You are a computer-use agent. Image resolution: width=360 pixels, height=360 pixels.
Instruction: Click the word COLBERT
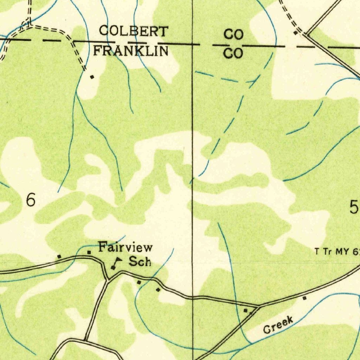coord(133,31)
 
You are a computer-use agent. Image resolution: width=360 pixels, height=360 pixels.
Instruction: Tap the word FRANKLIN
coord(130,51)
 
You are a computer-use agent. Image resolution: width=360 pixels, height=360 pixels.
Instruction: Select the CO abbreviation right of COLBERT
coord(234,35)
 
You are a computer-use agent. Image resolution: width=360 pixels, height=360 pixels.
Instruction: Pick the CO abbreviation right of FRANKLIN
coord(233,53)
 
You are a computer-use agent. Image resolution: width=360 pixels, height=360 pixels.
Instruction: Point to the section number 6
coord(31,200)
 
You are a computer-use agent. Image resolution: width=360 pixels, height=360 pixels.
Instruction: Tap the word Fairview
coord(125,247)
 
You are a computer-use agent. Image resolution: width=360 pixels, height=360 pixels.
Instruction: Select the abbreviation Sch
coord(140,262)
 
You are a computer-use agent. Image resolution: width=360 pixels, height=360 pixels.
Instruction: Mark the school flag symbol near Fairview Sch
coord(115,263)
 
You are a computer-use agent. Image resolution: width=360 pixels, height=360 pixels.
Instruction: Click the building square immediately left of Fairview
coord(89,252)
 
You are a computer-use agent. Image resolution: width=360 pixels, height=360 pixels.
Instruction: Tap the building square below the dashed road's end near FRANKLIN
coord(92,76)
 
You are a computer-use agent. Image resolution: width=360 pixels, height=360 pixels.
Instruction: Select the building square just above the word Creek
coord(304,298)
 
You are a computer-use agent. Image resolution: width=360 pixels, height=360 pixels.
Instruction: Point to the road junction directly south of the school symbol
coord(108,279)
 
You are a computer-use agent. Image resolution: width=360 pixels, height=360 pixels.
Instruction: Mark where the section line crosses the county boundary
coord(192,45)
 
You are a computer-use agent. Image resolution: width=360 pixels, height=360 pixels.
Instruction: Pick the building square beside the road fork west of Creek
coord(246,311)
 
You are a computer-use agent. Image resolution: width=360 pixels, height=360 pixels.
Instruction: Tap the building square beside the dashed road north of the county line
coord(296,33)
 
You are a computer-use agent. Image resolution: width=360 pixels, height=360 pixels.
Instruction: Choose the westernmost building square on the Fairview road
coord(59,257)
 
